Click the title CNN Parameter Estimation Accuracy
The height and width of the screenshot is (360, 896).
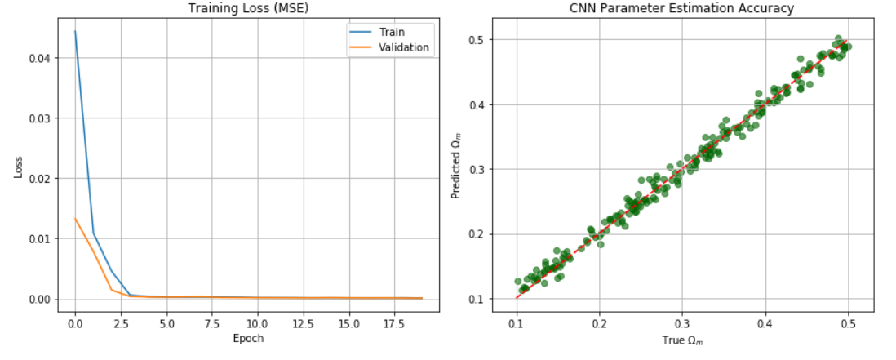coord(681,9)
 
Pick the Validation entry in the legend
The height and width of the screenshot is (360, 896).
coord(401,47)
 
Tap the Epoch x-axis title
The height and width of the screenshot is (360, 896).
coord(248,338)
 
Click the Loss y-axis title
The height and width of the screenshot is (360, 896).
coord(17,167)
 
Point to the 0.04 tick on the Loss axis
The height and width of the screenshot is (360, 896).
coord(38,58)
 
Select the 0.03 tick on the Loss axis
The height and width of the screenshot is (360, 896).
coord(38,118)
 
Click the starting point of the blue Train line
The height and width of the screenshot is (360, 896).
coord(75,32)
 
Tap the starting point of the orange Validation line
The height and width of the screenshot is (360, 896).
coord(75,219)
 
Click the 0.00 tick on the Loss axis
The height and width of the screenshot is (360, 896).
coord(38,299)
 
